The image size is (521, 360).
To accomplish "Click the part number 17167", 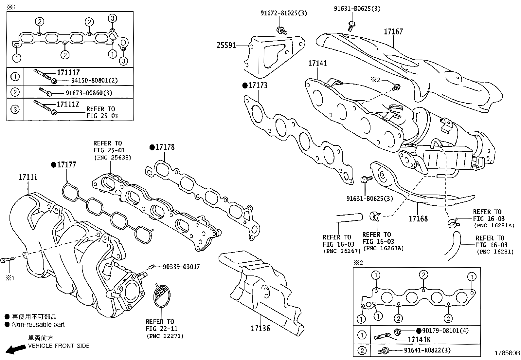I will [393, 32].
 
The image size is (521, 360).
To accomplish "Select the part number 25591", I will [226, 46].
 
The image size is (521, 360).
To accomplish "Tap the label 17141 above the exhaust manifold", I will [317, 63].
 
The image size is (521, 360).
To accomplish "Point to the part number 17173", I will [258, 85].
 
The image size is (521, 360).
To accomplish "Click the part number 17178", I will [165, 147].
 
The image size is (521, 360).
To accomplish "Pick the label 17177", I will [66, 165].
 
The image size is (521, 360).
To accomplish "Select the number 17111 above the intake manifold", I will [28, 177].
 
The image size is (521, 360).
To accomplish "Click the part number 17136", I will [260, 328].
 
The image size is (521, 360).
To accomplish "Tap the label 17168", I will [418, 218].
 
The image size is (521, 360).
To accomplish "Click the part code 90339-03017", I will [181, 267].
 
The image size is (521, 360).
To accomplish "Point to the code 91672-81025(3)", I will [284, 13].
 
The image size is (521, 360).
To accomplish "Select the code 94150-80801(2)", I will [94, 80].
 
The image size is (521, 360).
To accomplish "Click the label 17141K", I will [419, 340].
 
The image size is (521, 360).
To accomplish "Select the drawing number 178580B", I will [507, 353].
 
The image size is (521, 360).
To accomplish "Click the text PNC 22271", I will [165, 336].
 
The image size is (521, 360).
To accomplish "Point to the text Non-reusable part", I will [38, 325].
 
